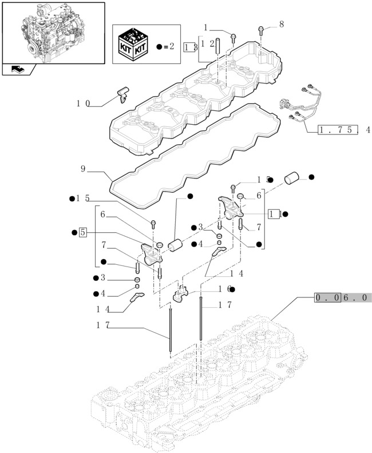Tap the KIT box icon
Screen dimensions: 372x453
click(133, 44)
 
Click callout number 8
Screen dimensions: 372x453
click(281, 24)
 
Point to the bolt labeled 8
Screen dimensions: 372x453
click(261, 30)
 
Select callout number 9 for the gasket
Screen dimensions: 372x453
click(83, 169)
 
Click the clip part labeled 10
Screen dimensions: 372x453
click(123, 94)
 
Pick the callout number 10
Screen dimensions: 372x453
click(83, 104)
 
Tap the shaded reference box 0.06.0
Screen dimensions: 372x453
click(342, 297)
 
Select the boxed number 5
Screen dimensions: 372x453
click(83, 232)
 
